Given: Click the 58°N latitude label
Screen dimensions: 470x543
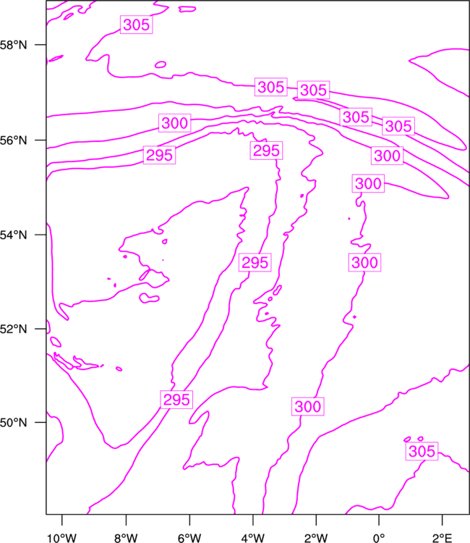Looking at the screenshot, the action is (x=13, y=45).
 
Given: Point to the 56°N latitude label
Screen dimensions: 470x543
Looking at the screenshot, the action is (x=13, y=140).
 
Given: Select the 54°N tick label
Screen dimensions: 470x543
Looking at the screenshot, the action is (x=13, y=235).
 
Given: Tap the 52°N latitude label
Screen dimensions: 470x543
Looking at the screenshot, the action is (x=13, y=329).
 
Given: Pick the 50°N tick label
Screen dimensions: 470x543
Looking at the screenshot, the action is (x=13, y=423).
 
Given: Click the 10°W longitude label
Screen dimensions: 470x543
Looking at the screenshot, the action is (x=61, y=538).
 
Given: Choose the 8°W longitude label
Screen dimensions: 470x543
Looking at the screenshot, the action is (x=126, y=538).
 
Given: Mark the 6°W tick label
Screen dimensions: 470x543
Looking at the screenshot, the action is (x=189, y=538).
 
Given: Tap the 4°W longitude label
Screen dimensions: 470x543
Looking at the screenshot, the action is (x=252, y=538).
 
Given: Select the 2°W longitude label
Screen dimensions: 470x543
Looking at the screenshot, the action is (x=316, y=538).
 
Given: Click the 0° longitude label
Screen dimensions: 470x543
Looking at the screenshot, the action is (x=379, y=538).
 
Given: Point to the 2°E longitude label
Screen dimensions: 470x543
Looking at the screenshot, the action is (x=442, y=538).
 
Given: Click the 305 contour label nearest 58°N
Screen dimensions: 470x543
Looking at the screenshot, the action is (x=136, y=25).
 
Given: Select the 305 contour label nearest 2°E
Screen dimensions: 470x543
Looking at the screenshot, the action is (x=422, y=451).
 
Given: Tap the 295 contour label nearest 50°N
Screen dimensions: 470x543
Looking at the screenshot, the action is (x=176, y=400).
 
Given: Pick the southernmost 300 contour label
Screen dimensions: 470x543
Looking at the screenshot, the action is (x=308, y=406).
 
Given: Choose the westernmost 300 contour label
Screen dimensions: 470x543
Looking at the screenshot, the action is (x=175, y=123).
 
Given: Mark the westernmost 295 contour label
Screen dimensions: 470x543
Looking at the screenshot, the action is (x=159, y=155).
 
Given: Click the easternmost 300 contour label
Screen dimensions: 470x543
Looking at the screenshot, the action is (x=387, y=156).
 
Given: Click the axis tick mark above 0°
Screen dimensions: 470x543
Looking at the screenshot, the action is (x=379, y=520).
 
